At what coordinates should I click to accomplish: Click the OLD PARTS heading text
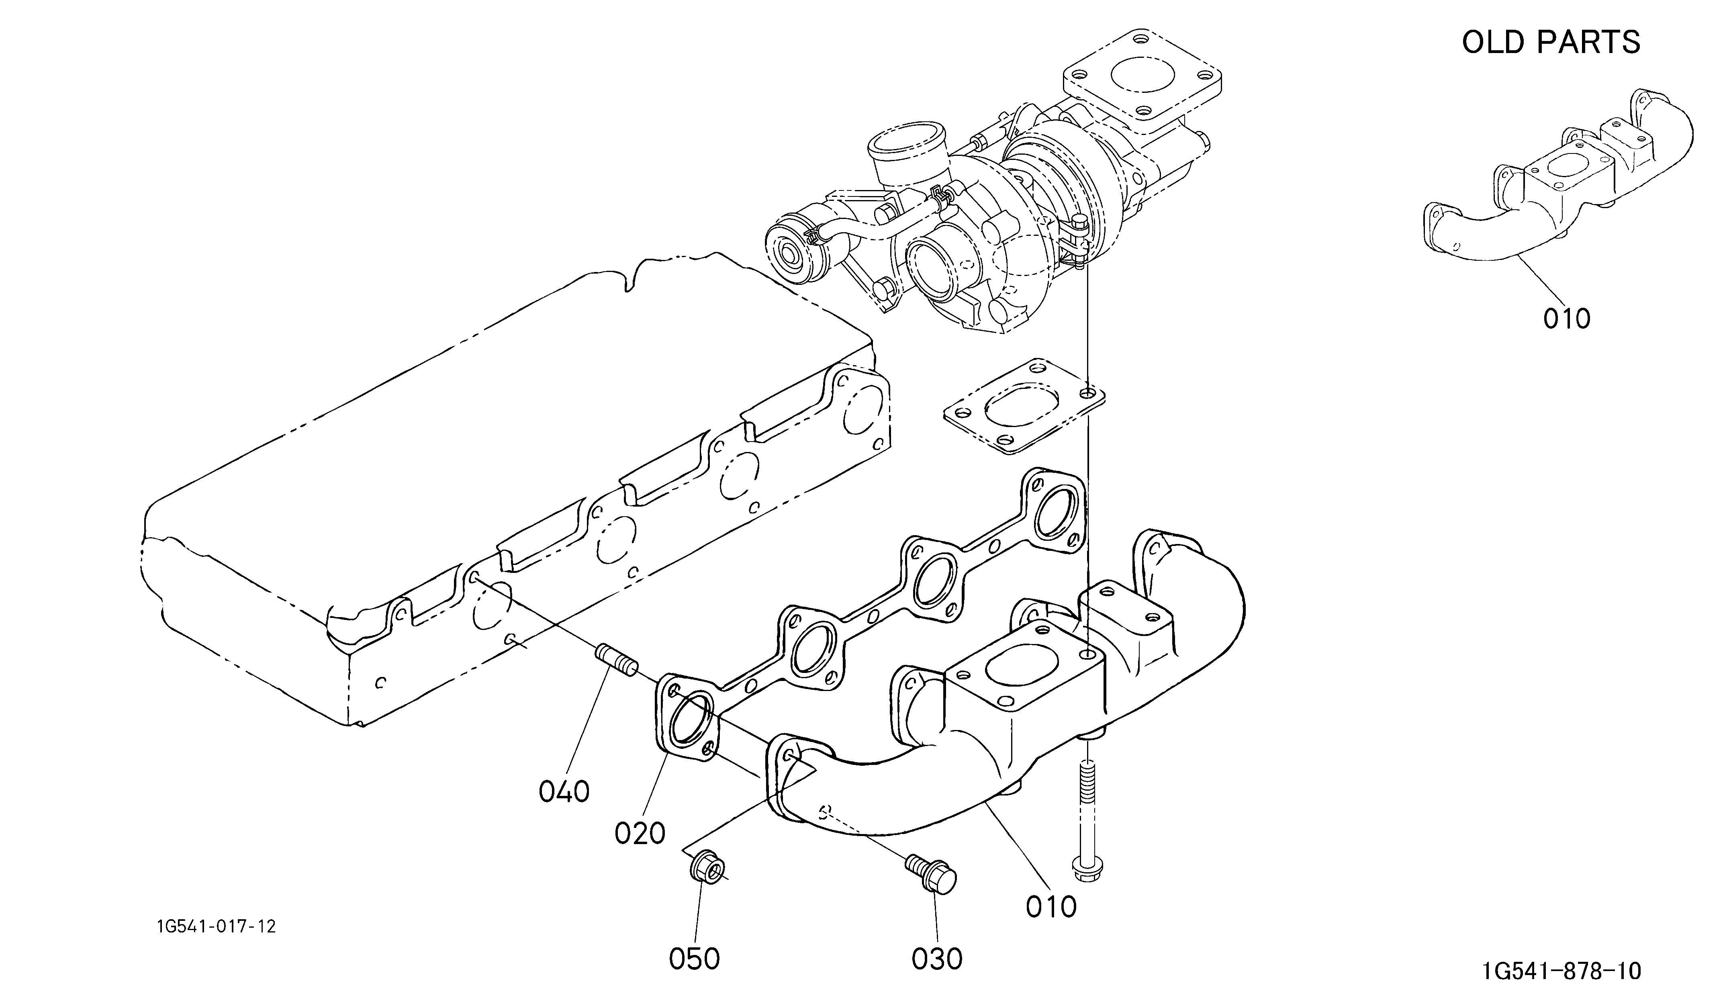[x=1551, y=43]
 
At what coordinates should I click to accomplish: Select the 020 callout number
[x=640, y=833]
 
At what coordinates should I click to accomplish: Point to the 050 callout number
[x=694, y=959]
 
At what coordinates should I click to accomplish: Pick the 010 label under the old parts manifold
[x=1567, y=319]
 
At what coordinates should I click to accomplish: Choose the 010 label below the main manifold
[x=1051, y=907]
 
